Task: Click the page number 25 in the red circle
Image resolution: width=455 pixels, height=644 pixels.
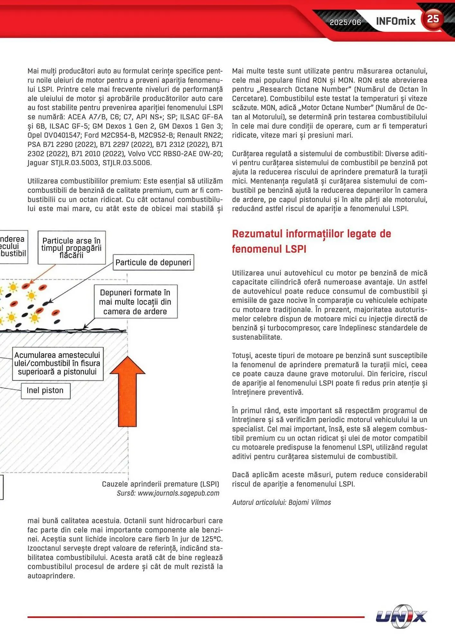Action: pyautogui.click(x=433, y=19)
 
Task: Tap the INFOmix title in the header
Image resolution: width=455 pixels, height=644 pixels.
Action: pyautogui.click(x=395, y=21)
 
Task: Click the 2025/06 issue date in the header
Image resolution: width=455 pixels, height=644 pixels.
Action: pyautogui.click(x=345, y=22)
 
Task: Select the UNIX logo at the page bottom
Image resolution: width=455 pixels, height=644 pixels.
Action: pyautogui.click(x=401, y=616)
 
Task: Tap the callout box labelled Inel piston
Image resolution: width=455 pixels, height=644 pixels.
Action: pyautogui.click(x=45, y=391)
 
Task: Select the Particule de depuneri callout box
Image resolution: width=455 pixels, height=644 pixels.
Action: pyautogui.click(x=153, y=262)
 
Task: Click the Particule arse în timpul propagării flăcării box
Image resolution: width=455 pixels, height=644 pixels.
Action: pyautogui.click(x=71, y=248)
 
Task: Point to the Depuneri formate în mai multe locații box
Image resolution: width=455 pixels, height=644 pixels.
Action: pyautogui.click(x=135, y=302)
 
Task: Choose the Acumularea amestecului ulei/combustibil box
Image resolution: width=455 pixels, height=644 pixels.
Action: pyautogui.click(x=58, y=364)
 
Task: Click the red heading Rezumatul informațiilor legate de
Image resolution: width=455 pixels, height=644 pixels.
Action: pyautogui.click(x=311, y=234)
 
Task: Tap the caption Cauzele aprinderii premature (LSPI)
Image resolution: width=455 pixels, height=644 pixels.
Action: pyautogui.click(x=160, y=484)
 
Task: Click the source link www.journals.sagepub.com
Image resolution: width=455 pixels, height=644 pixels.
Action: pyautogui.click(x=178, y=493)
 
